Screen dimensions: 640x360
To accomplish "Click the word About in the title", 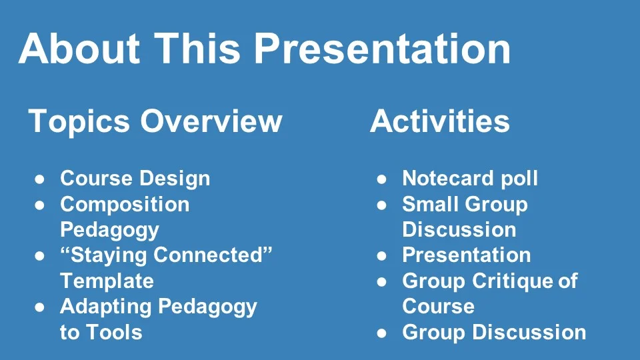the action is coord(79,48).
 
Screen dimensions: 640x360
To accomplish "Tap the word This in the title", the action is coord(197,48).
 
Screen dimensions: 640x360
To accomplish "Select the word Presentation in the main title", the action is coord(382,49).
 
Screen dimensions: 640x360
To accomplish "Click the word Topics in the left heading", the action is coord(79,121).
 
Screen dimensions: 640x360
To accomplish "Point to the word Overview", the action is coord(211,121).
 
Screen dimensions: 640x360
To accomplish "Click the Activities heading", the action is coord(440,121).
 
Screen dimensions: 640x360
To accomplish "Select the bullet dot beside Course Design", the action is coord(39,179).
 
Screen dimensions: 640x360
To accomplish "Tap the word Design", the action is coord(175,179).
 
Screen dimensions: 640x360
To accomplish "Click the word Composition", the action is coord(125,205).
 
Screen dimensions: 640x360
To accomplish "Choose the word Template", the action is coord(107,281).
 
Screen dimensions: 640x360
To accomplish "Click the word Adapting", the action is coord(106,307).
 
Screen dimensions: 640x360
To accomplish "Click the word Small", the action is coord(429,204).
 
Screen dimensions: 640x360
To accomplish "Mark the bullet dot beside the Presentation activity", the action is coord(381,256).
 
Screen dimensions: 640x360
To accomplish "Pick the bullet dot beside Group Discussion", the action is coord(381,333).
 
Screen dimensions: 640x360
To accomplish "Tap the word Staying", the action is coord(105,255).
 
